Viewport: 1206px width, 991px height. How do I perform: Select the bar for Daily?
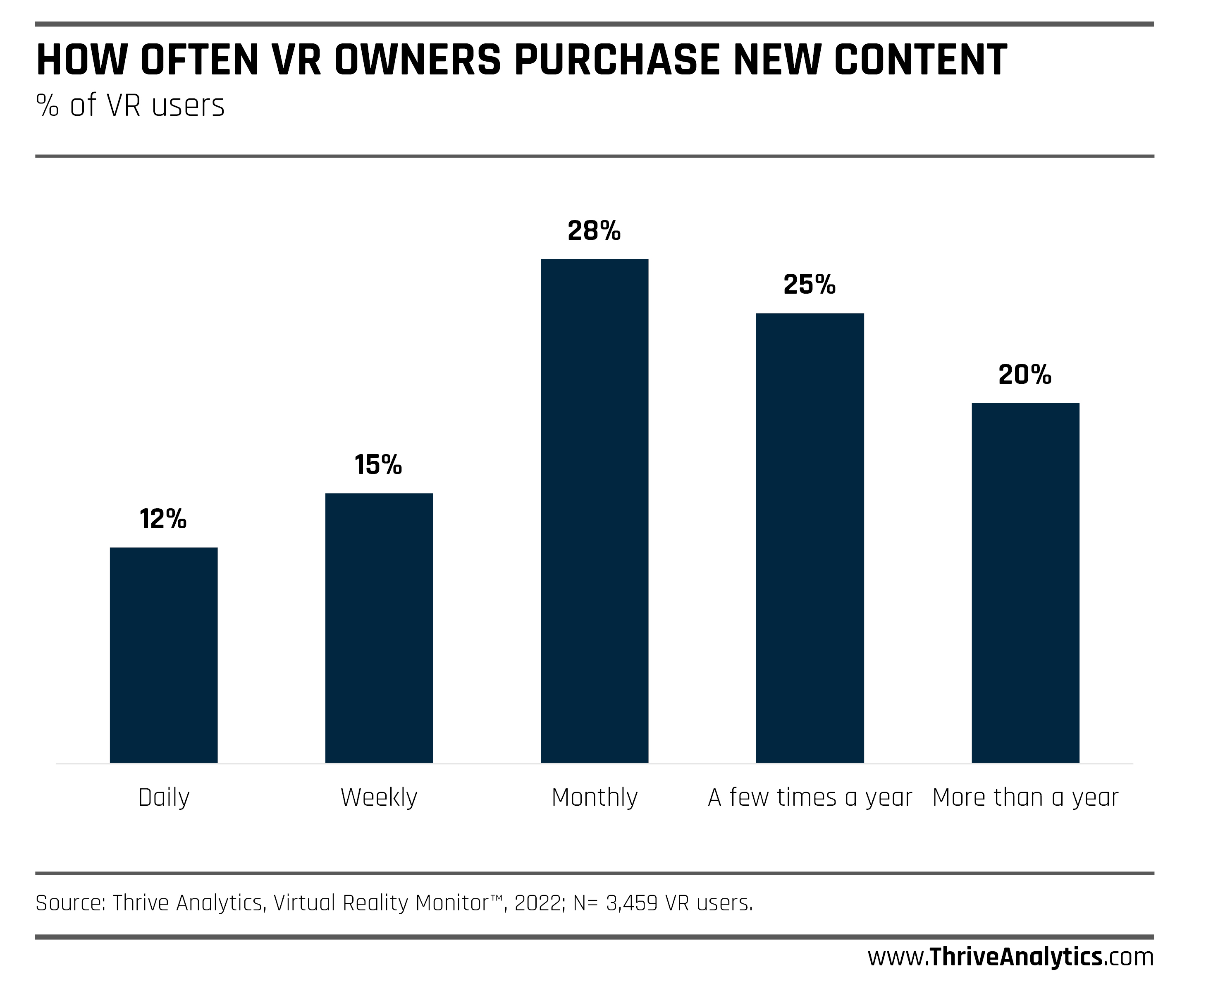(163, 655)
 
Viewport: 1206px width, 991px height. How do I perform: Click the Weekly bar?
(379, 628)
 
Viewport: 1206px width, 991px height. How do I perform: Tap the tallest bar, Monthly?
(595, 511)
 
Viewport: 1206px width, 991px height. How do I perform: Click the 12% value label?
(163, 519)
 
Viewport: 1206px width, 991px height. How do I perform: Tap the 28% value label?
(594, 231)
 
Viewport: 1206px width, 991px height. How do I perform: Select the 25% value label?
(810, 284)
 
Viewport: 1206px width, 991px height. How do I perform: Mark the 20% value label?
(1025, 374)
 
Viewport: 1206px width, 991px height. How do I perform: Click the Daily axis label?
(164, 797)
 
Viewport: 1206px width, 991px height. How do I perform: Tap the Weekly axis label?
(379, 797)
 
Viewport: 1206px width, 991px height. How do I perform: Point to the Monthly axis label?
(595, 797)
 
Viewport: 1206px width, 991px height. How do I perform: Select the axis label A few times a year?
(810, 797)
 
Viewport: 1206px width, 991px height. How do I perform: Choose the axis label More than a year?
(1025, 797)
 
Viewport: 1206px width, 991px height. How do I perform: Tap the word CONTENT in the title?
(920, 60)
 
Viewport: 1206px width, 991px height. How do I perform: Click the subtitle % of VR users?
(131, 105)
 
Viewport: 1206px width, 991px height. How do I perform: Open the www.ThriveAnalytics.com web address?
(1010, 957)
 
